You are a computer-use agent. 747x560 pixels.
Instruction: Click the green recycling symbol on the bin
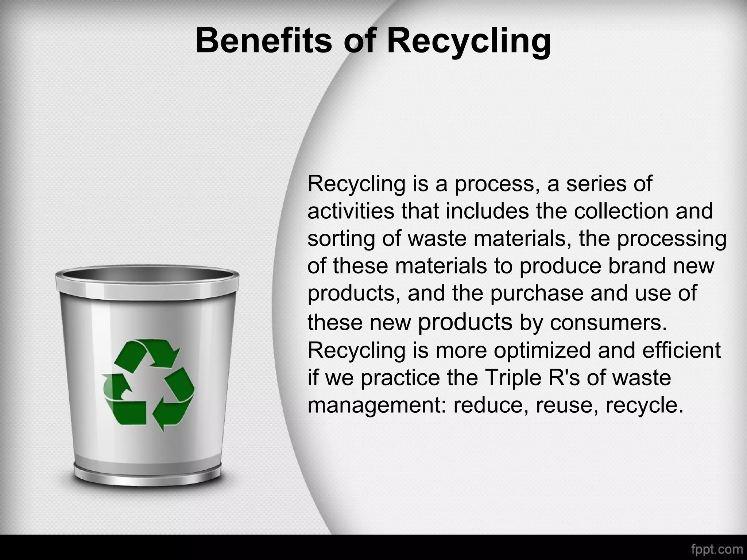[x=148, y=385]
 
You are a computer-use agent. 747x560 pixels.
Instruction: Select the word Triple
[x=511, y=377]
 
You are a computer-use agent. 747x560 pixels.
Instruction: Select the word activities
[x=351, y=211]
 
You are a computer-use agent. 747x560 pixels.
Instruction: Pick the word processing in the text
[x=671, y=240]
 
